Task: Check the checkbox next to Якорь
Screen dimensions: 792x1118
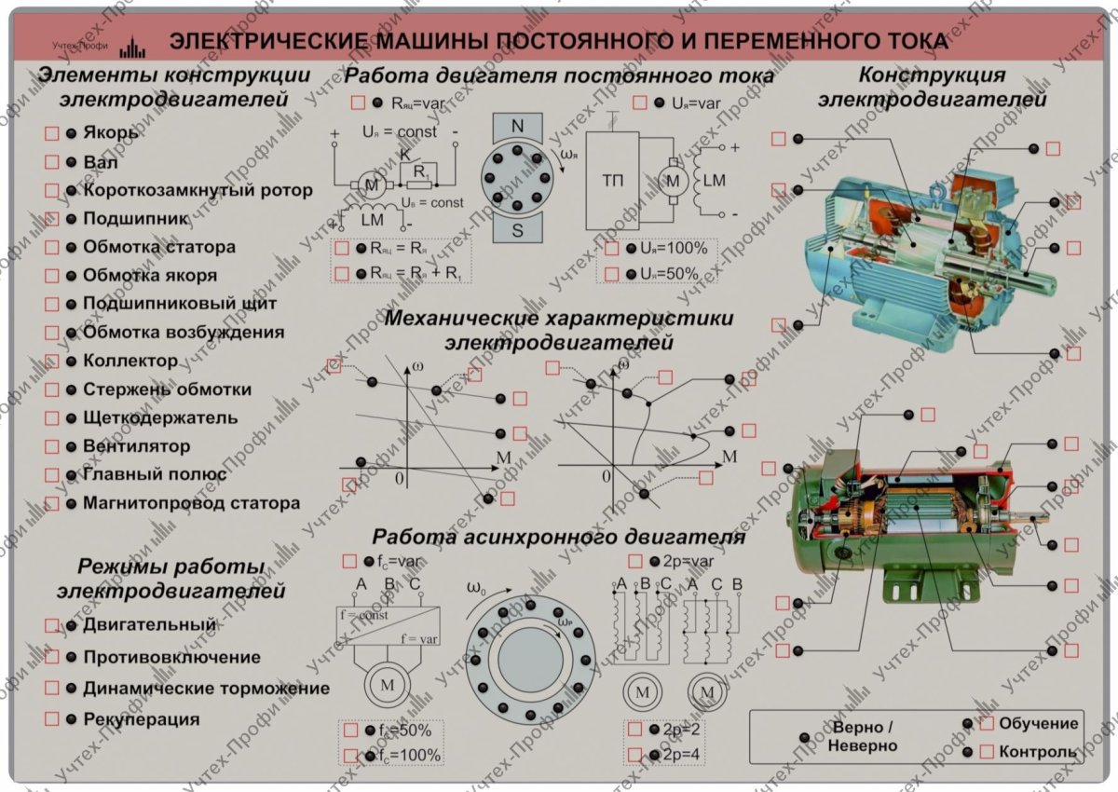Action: point(52,133)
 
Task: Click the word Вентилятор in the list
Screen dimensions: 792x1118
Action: point(136,446)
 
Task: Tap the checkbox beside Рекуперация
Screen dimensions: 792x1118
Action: point(52,719)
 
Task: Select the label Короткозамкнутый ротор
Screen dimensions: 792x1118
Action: point(198,190)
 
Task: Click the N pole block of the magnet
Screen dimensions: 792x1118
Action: point(517,125)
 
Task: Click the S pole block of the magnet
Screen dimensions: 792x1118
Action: point(517,231)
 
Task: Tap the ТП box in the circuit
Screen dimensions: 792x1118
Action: point(612,180)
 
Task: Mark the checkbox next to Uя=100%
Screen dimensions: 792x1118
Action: point(612,249)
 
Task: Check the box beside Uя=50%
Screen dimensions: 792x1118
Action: point(612,274)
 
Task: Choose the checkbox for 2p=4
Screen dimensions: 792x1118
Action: point(634,754)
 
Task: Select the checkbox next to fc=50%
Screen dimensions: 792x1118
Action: point(350,731)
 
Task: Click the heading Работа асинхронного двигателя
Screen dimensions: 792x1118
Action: point(558,538)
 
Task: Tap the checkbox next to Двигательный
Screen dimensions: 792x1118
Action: point(52,625)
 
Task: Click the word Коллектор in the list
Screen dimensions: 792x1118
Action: point(130,361)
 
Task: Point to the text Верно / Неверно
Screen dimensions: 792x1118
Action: point(863,736)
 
